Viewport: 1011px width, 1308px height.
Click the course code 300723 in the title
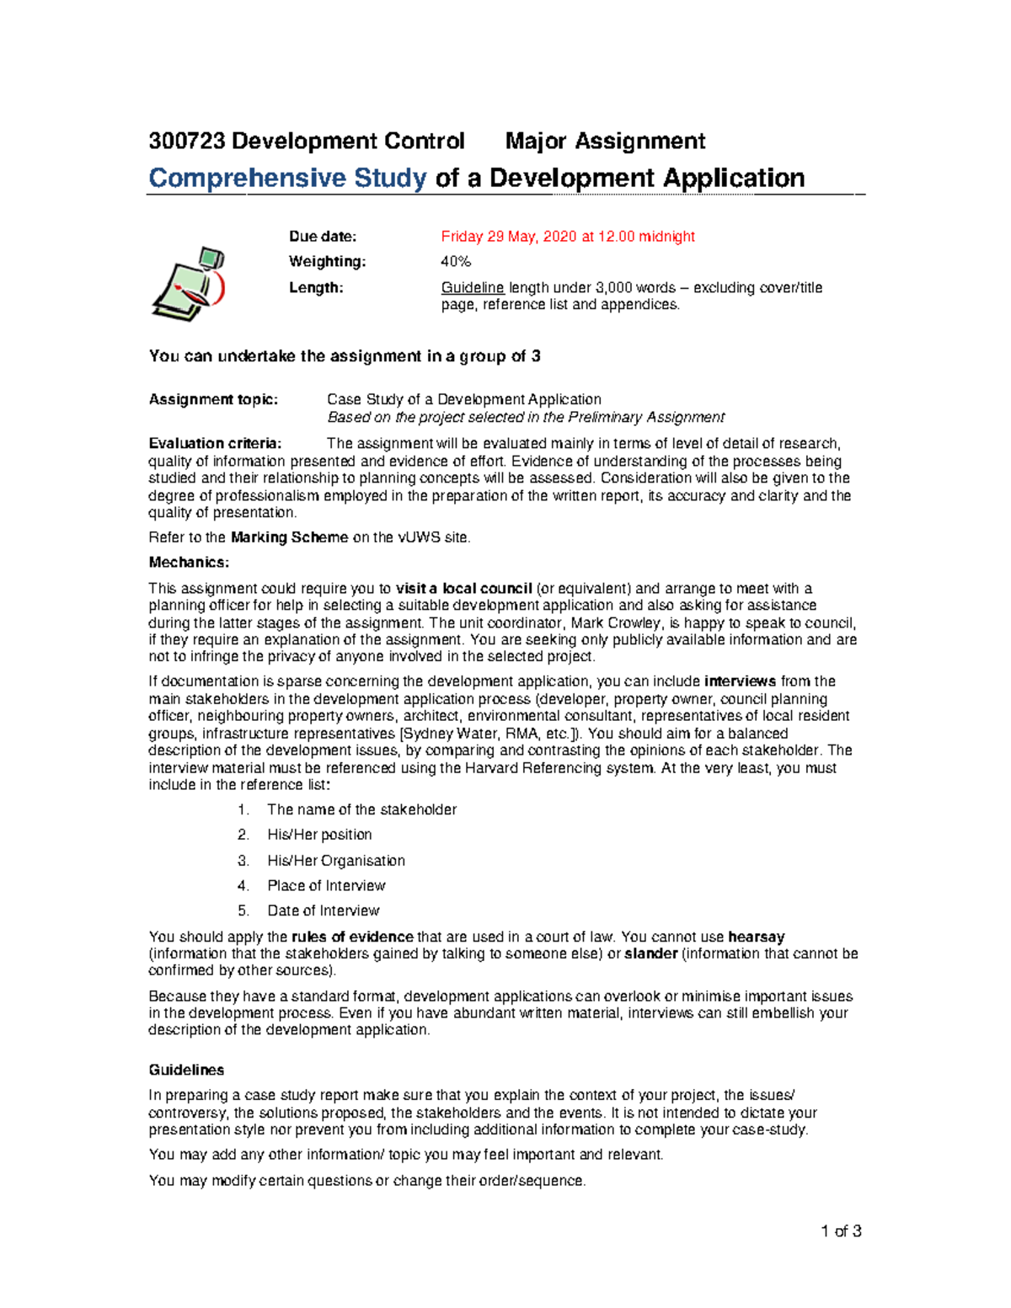click(187, 141)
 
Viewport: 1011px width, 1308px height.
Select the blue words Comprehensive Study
click(287, 179)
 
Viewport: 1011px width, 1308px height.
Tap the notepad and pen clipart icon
click(189, 283)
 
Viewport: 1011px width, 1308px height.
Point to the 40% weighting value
click(456, 262)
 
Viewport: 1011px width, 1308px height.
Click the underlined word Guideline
click(473, 288)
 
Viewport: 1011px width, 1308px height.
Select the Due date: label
click(323, 237)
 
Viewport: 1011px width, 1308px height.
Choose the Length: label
click(316, 288)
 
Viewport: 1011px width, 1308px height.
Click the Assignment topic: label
click(213, 399)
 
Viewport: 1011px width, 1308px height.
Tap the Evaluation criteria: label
click(215, 444)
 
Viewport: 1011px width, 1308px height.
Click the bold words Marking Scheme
click(289, 537)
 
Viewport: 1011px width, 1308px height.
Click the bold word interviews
click(740, 681)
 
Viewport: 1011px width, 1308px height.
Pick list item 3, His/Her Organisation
click(335, 861)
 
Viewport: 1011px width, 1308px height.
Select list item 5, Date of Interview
click(323, 911)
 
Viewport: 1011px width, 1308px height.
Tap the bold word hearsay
click(756, 937)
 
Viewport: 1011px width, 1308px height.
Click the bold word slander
click(650, 953)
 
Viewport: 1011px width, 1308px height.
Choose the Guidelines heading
click(186, 1070)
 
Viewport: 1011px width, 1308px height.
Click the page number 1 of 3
click(841, 1231)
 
